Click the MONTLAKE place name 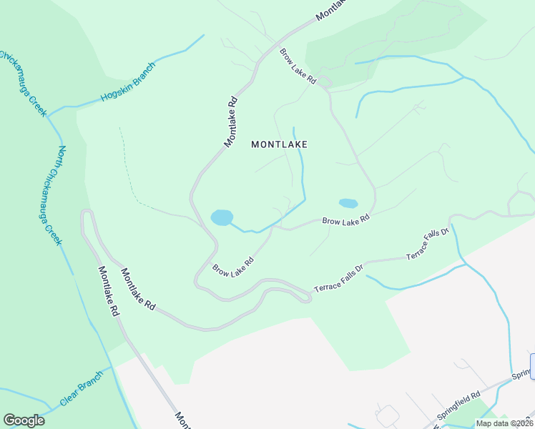(x=279, y=144)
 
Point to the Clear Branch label (x=82, y=393)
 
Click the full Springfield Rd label (x=458, y=410)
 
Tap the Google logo (x=24, y=420)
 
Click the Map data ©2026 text (x=505, y=423)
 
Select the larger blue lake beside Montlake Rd (x=222, y=217)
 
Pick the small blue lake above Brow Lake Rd (x=348, y=203)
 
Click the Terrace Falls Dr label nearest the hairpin (x=339, y=277)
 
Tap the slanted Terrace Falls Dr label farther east (x=427, y=244)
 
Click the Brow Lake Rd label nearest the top (x=298, y=66)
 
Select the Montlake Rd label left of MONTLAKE (x=230, y=122)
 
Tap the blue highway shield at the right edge (x=533, y=365)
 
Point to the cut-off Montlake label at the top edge (x=330, y=9)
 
